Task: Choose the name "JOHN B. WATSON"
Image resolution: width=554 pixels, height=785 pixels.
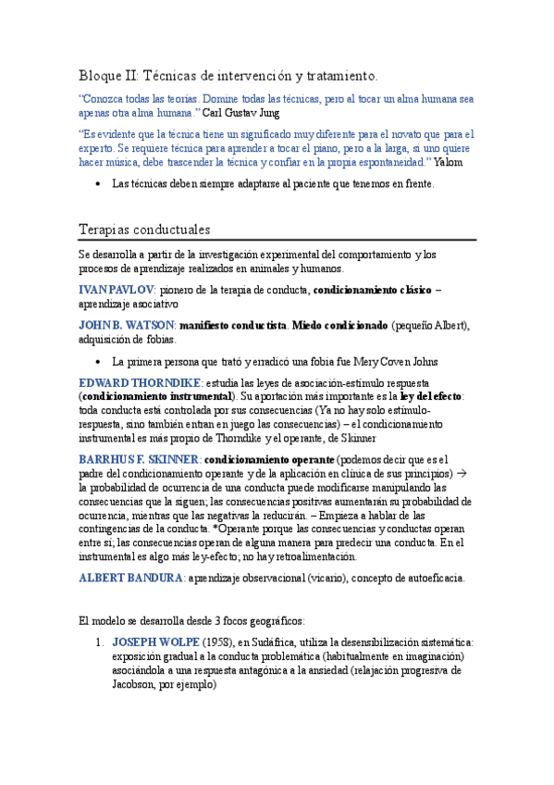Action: [127, 326]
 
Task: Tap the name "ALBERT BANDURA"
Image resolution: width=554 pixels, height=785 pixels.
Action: [130, 578]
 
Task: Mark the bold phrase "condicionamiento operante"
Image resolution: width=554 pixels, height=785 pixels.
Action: [268, 458]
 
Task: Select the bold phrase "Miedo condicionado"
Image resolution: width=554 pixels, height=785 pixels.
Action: [339, 326]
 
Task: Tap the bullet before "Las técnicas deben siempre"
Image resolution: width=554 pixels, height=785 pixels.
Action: [98, 184]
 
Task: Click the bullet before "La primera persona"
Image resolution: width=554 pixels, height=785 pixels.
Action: [98, 362]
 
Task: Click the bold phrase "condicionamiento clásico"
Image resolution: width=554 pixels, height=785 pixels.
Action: [372, 290]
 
